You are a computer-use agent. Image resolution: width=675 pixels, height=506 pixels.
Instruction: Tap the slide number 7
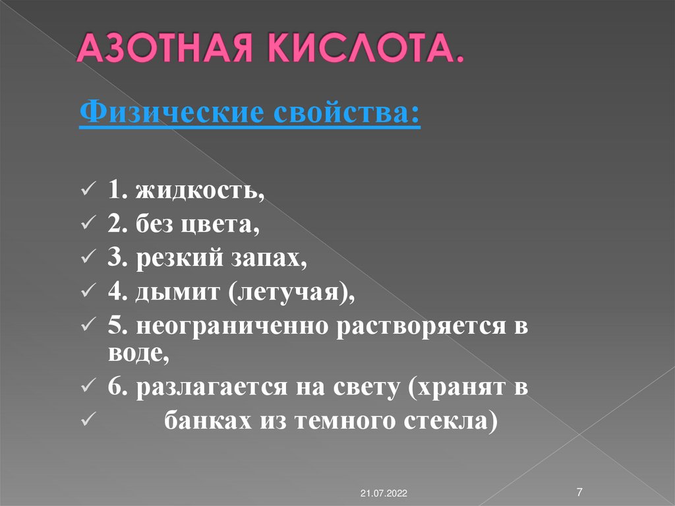579,491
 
